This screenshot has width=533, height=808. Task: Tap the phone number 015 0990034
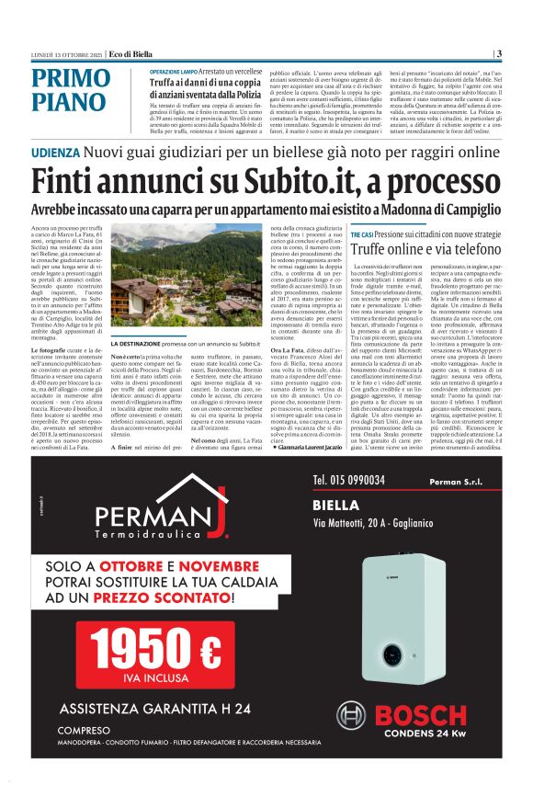coord(348,480)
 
